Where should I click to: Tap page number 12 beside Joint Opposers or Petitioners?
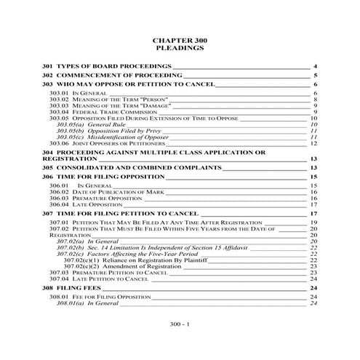(x=314, y=143)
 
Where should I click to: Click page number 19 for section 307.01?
(x=314, y=223)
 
